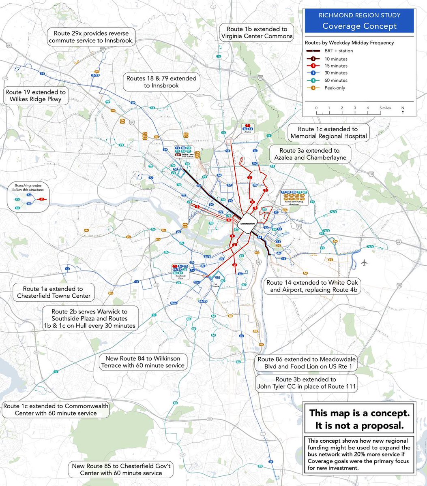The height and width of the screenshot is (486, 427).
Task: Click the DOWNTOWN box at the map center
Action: tap(246, 224)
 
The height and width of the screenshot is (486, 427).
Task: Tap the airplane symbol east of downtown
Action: tap(364, 262)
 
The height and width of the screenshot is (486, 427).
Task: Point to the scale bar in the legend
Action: tap(348, 113)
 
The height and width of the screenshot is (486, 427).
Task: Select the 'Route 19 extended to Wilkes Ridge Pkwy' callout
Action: tap(36, 96)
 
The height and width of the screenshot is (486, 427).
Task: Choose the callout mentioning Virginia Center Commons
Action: tap(257, 32)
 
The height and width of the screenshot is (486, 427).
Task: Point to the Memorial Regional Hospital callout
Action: tap(328, 132)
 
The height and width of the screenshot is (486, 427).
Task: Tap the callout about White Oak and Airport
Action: tap(312, 286)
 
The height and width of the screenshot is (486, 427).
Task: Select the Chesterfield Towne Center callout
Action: tap(53, 292)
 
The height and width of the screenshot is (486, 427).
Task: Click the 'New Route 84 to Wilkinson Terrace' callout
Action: tap(145, 362)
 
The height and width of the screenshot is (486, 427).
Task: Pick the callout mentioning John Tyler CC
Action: tap(306, 383)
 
